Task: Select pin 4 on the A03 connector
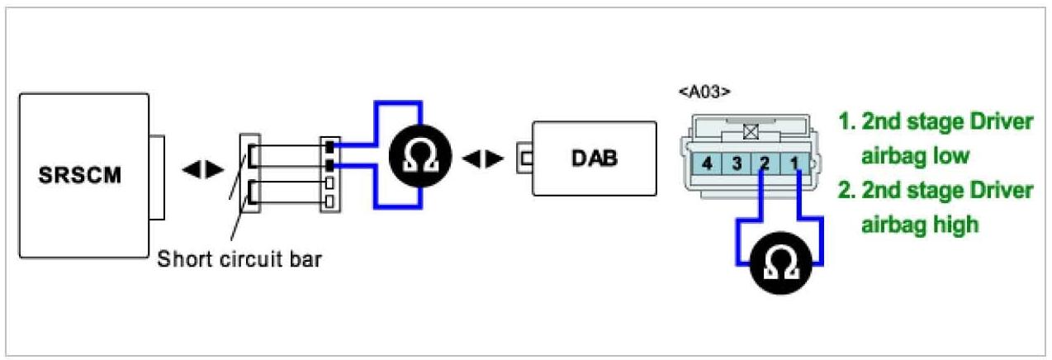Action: (x=707, y=163)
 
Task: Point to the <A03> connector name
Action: (x=704, y=92)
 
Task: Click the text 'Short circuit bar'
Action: (x=239, y=258)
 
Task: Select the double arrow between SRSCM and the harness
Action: (x=202, y=170)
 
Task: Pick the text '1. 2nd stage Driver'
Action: (x=936, y=122)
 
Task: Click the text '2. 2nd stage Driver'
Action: (x=936, y=191)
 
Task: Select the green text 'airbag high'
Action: (x=919, y=224)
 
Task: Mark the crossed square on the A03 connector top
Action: (x=751, y=130)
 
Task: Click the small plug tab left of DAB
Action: (x=524, y=159)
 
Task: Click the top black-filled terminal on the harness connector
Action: (x=330, y=148)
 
